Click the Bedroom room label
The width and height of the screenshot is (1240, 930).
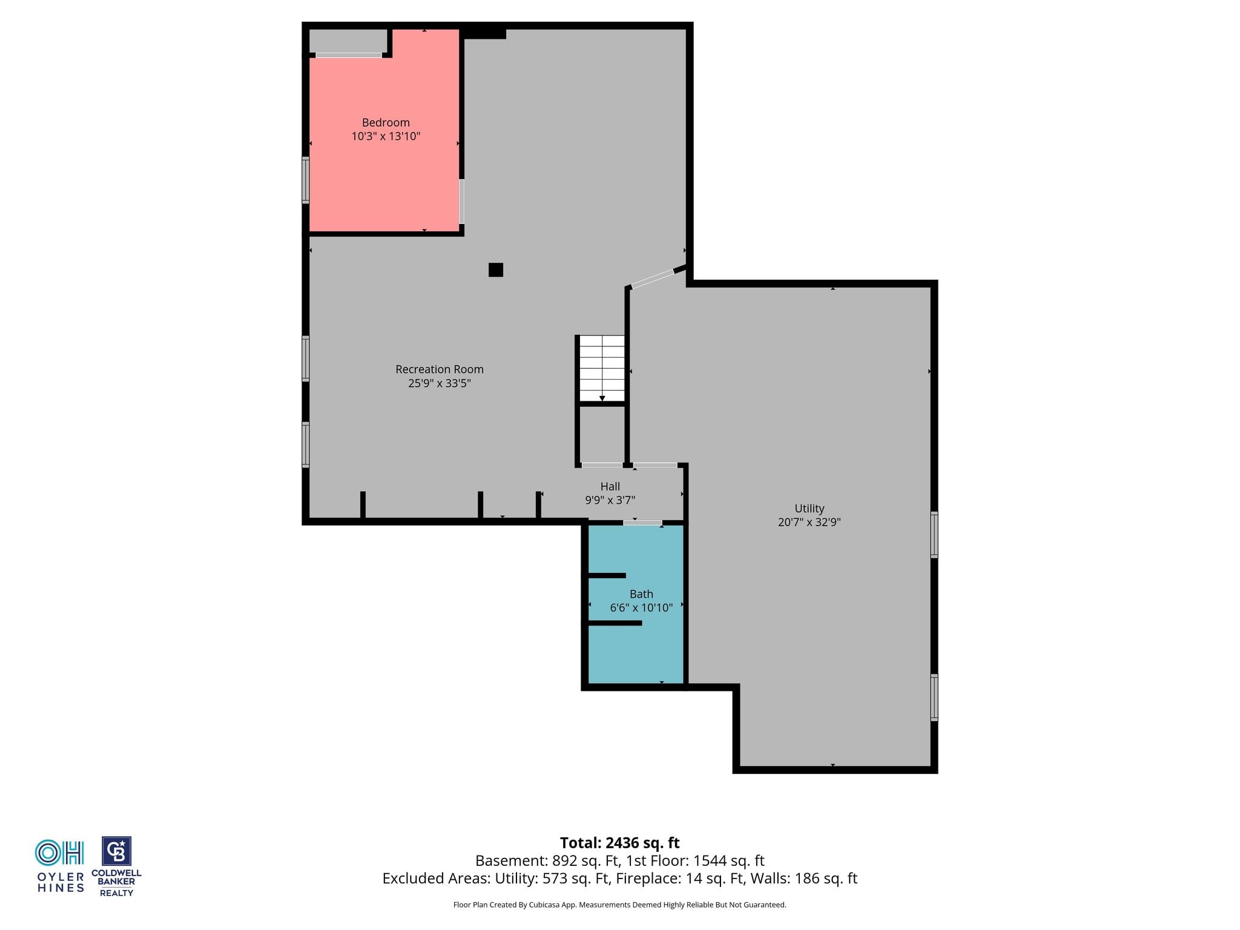386,123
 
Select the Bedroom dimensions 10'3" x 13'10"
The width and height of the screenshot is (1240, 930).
386,136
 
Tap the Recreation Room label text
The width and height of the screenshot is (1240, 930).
440,369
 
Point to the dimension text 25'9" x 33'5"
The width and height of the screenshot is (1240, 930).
440,383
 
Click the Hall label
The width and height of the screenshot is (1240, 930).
610,486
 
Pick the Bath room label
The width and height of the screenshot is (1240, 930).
641,594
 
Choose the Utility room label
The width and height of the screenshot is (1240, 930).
810,509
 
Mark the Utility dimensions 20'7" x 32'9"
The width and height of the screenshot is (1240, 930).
810,522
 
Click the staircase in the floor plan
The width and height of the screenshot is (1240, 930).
602,369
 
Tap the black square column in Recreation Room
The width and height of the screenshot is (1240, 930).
496,270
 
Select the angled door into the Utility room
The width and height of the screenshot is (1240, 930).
653,279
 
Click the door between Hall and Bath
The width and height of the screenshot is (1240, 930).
642,523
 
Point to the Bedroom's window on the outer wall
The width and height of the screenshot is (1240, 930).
306,180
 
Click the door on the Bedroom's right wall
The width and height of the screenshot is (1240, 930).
461,202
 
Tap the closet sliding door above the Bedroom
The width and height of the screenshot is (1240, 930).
349,55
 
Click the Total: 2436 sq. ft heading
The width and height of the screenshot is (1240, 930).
619,843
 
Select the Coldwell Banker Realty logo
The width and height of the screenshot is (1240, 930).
116,866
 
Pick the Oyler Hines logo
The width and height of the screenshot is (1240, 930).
60,866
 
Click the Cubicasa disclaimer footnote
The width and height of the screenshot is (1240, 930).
619,905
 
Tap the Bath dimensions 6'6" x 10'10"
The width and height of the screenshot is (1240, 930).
641,608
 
